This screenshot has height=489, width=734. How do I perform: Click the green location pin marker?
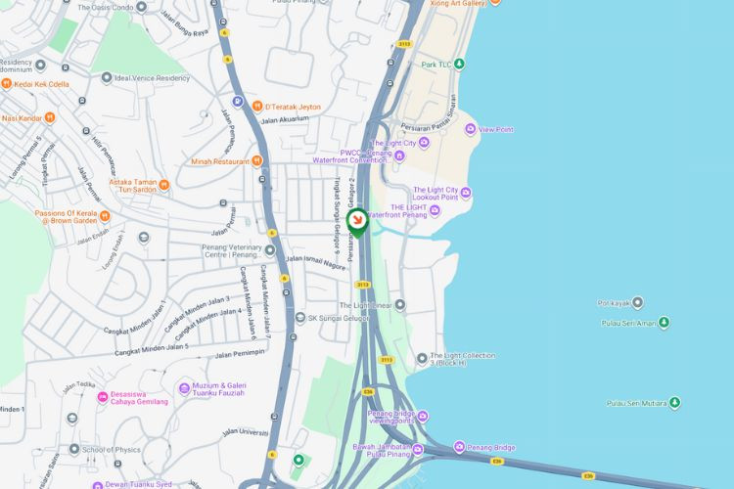coord(357,222)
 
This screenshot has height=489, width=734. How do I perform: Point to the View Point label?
coord(496,129)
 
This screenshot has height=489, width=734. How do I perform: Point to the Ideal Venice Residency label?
coord(151,77)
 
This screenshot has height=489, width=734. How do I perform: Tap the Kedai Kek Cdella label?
coord(41,84)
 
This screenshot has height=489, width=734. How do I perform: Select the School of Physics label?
coord(112,450)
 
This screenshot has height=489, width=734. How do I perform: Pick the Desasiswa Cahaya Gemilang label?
coord(132,396)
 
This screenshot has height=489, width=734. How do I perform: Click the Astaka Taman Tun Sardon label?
coord(125,186)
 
